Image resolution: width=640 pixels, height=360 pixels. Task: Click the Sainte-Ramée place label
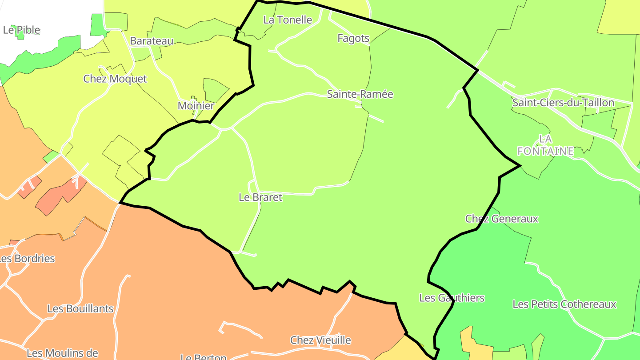click(x=360, y=94)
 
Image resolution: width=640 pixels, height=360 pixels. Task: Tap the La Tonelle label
click(x=288, y=20)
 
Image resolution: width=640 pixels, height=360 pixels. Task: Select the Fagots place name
click(x=353, y=38)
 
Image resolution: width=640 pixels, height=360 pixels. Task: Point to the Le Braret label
click(x=260, y=197)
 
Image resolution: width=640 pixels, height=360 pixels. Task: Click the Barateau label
click(x=152, y=41)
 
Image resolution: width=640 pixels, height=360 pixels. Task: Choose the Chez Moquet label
click(x=115, y=79)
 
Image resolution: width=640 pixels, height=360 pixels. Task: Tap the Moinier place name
click(x=196, y=106)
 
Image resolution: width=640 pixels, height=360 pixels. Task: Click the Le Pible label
click(x=21, y=30)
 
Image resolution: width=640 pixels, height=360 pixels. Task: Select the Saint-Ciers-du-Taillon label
click(x=563, y=103)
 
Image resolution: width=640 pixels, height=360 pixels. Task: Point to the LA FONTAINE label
click(x=545, y=145)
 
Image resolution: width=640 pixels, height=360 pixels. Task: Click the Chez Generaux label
click(x=501, y=219)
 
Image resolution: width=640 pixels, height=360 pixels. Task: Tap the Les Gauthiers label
click(x=452, y=298)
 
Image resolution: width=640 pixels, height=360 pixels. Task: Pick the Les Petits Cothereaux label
click(x=564, y=304)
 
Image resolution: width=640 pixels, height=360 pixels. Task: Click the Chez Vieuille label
click(x=320, y=340)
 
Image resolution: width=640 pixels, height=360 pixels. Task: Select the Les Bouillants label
click(x=80, y=308)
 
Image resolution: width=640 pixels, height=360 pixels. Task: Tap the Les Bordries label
click(x=27, y=259)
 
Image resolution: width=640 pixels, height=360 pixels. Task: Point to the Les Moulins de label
click(x=62, y=353)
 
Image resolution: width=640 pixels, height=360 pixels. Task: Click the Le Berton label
click(x=204, y=356)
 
